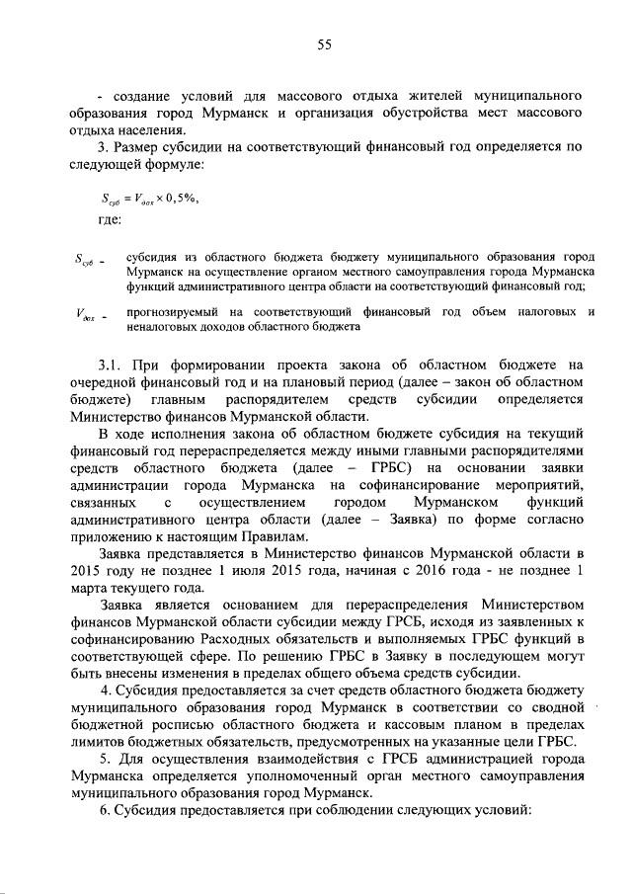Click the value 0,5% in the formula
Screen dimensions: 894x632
point(182,198)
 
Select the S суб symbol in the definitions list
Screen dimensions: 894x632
point(86,262)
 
